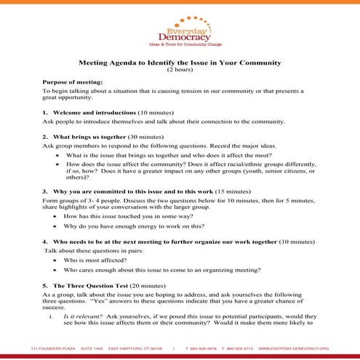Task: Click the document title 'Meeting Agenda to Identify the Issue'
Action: click(180, 64)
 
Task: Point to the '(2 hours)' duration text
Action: click(180, 71)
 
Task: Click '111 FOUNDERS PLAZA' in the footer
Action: click(50, 348)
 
